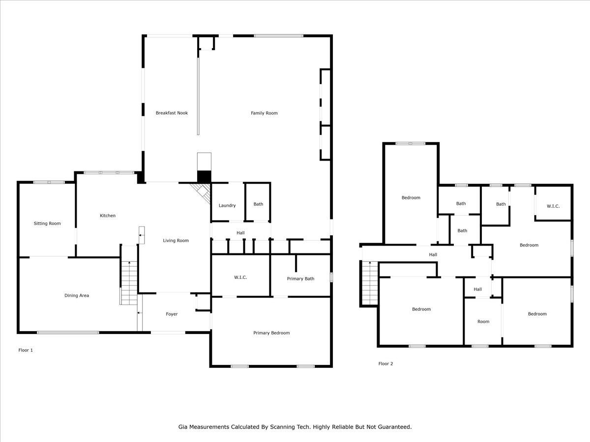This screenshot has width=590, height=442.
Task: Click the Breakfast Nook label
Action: pos(172,113)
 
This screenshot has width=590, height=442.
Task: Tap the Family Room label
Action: pos(264,113)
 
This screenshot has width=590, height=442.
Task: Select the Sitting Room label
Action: pos(47,223)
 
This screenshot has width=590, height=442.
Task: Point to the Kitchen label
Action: pos(108,216)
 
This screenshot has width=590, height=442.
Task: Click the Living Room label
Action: pos(176,241)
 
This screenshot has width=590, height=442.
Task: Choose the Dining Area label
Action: pos(77,296)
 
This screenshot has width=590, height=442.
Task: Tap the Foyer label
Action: pos(172,314)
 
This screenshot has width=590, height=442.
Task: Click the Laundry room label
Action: pos(227,205)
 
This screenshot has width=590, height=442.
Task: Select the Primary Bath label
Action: pos(300,278)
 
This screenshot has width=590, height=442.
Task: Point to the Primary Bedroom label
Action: pos(271,332)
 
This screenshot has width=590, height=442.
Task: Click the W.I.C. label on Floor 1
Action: pos(240,277)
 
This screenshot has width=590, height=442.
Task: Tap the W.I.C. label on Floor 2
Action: pos(553,206)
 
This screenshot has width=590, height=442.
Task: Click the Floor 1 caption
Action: pos(26,350)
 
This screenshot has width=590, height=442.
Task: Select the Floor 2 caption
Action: pos(385,364)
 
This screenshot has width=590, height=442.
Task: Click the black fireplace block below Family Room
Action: pos(204,176)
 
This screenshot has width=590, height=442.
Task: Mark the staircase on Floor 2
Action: pos(369,282)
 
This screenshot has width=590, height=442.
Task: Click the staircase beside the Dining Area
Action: pos(129,282)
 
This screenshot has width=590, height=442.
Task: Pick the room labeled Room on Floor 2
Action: pos(483,322)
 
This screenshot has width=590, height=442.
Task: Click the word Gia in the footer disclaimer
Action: pos(183,427)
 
